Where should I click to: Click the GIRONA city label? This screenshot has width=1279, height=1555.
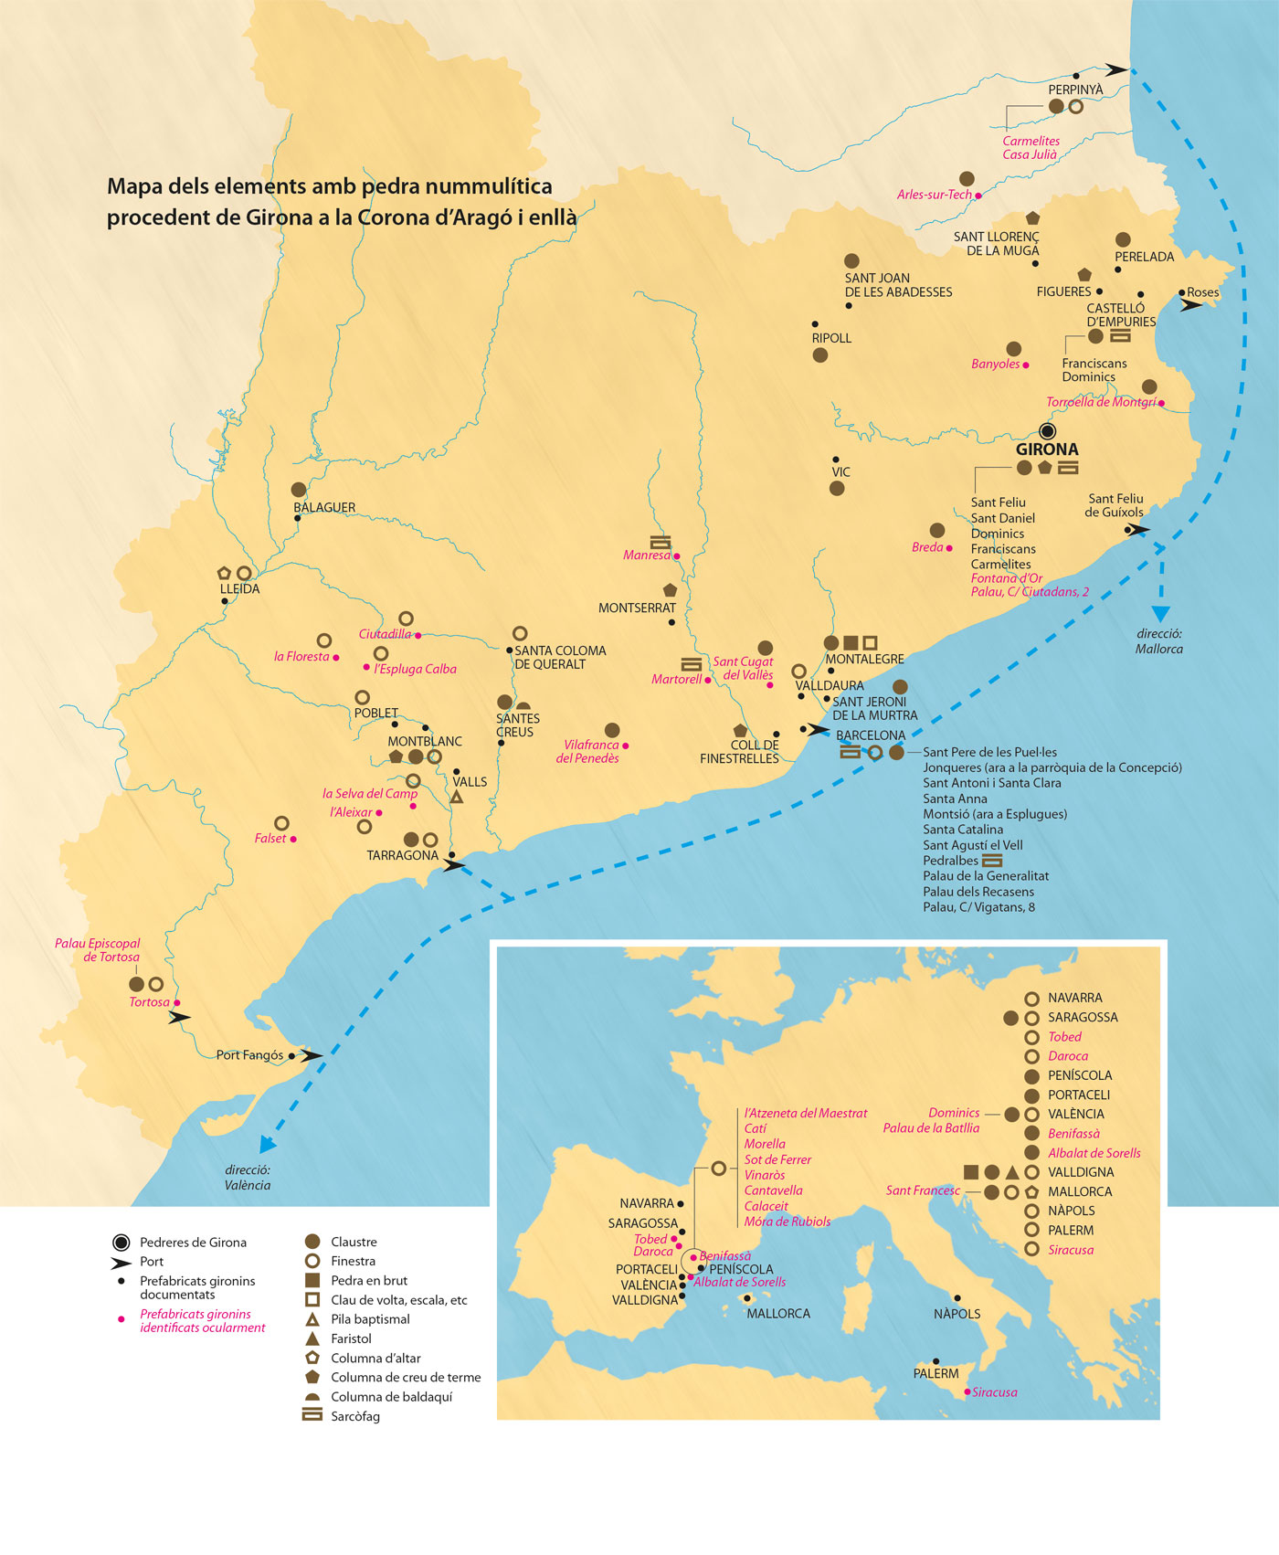[x=1047, y=450]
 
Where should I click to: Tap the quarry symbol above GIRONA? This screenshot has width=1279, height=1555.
[x=1048, y=430]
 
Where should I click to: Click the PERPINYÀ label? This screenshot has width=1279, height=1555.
[x=1075, y=90]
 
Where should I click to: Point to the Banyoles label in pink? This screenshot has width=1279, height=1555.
[x=995, y=364]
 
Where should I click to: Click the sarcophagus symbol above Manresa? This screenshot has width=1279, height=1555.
[x=660, y=542]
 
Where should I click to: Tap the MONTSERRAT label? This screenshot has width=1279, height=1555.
[x=637, y=608]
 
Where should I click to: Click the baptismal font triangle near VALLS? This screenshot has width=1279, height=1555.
[x=456, y=797]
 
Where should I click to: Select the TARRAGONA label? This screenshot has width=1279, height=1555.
[x=402, y=856]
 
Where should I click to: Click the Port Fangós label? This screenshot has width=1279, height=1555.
[x=249, y=1055]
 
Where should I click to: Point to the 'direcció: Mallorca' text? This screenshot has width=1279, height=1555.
[x=1159, y=641]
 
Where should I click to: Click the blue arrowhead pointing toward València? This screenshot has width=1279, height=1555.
[x=267, y=1144]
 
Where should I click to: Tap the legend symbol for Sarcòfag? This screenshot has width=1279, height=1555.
[x=312, y=1415]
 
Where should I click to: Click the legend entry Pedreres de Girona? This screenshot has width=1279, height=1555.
[x=193, y=1243]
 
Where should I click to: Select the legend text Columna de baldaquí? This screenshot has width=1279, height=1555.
[x=391, y=1397]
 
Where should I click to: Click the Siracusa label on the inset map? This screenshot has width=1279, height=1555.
[x=994, y=1392]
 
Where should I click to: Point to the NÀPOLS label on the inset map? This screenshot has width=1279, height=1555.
[x=957, y=1314]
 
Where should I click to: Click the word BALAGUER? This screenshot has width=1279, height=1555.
[x=324, y=508]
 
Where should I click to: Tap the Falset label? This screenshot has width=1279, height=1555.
[x=270, y=839]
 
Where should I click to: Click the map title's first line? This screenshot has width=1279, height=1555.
[x=330, y=186]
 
